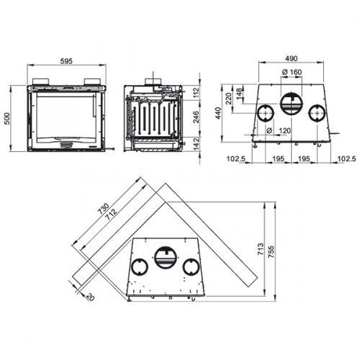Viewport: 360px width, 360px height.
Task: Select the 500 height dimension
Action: tap(8, 120)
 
